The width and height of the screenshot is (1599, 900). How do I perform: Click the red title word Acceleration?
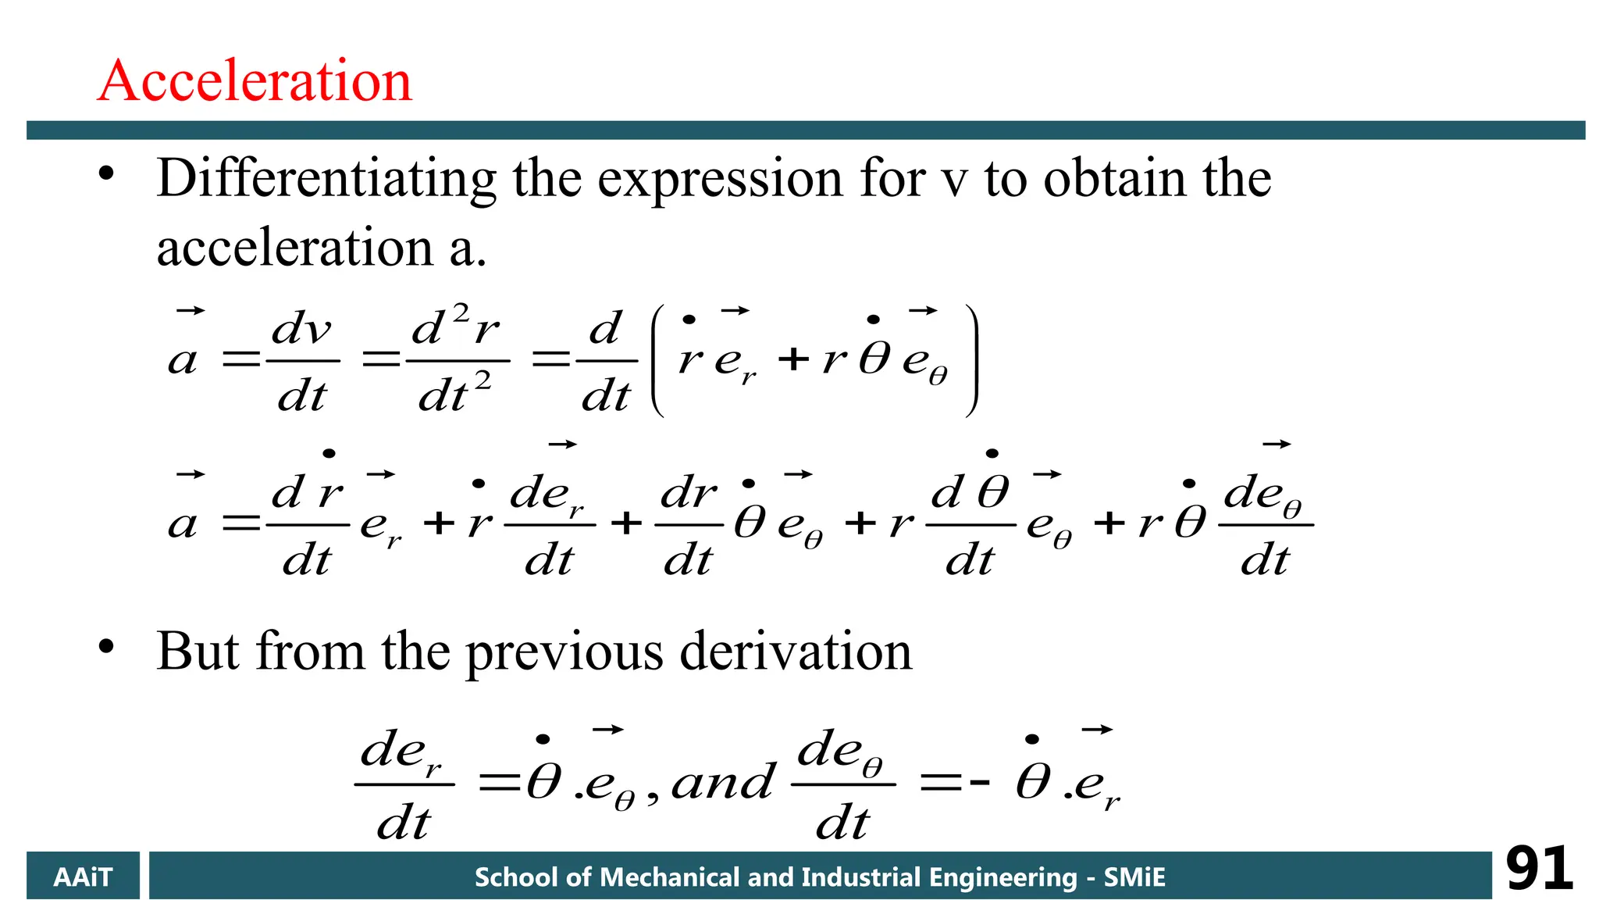click(255, 80)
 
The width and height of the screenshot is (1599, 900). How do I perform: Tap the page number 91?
click(1539, 869)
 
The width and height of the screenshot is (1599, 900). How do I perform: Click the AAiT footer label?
click(83, 877)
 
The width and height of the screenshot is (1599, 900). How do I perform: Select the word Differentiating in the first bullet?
click(326, 179)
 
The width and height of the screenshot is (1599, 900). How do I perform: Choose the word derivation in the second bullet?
click(796, 651)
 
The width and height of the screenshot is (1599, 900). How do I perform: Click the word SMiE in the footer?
click(1134, 877)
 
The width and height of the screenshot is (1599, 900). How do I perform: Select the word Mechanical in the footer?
click(668, 877)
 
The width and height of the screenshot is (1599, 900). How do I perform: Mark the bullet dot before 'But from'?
click(107, 647)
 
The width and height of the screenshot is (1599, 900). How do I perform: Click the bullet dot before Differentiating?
click(107, 173)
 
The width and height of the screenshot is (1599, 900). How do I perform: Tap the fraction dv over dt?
click(302, 362)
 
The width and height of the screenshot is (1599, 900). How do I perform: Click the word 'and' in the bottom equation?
click(723, 781)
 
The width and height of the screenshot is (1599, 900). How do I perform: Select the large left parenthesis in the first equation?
click(657, 361)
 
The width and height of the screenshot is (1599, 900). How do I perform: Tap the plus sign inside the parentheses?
click(793, 359)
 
